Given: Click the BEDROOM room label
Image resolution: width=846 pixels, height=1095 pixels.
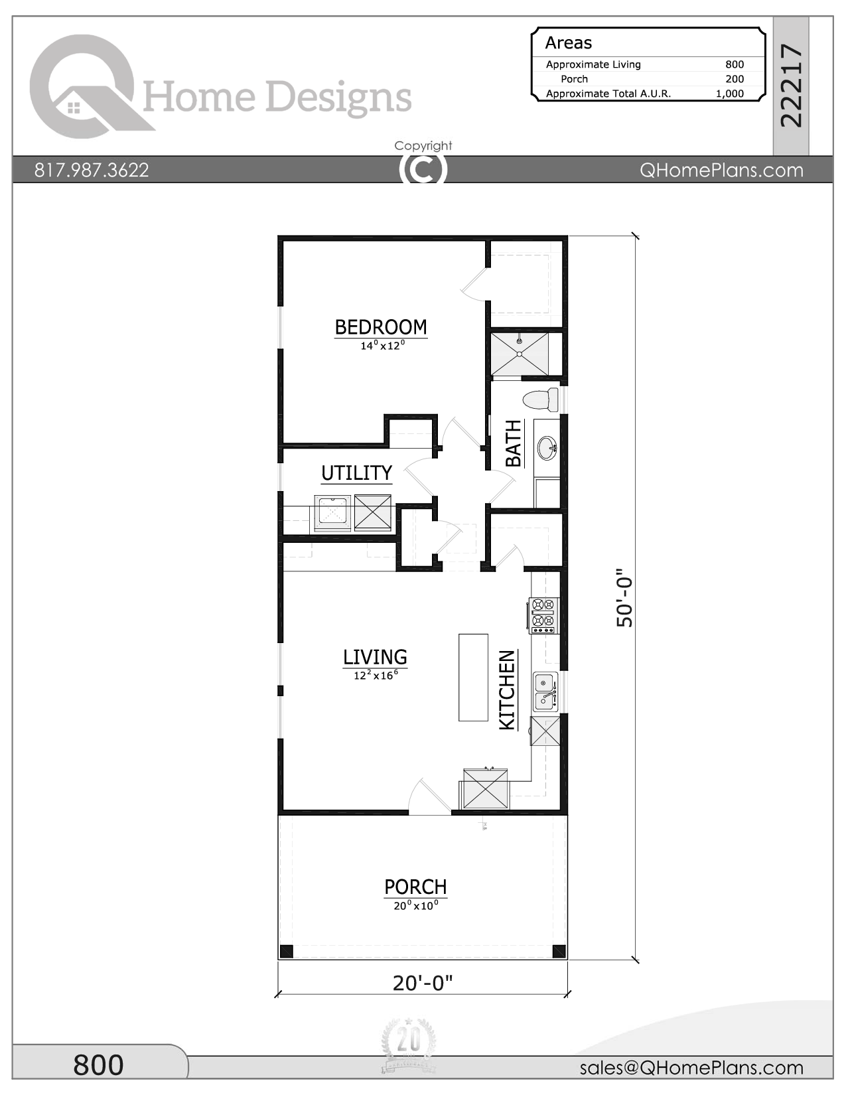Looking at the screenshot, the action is point(380,328).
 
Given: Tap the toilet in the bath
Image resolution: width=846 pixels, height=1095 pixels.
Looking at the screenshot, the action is point(541,400).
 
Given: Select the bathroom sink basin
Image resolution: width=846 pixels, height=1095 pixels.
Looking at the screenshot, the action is point(547,448).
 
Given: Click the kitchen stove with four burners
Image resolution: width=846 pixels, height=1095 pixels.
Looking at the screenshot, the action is point(543,615).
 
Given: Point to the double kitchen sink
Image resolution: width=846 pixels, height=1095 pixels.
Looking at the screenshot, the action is point(545,692).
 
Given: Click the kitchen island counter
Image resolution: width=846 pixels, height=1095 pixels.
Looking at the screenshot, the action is point(473,678).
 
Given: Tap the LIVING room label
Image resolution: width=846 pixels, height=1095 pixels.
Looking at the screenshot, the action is point(375,657).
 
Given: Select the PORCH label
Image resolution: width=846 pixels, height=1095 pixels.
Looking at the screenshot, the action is point(415,887).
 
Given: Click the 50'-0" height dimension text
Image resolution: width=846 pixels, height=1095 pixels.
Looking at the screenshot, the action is point(624,598).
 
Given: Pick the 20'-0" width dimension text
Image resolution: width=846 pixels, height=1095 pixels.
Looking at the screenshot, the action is point(423,983).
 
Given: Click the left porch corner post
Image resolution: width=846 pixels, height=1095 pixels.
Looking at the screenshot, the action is point(287,952).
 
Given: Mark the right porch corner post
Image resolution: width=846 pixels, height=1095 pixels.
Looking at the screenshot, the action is point(559,952).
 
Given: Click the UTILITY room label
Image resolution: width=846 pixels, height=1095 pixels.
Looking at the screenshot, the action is point(357,473).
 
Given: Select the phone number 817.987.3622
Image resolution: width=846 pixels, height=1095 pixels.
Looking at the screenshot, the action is point(92,171).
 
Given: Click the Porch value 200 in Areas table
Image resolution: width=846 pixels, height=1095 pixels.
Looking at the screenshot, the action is point(735,78).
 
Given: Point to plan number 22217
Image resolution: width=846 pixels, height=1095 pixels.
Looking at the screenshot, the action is point(790,86).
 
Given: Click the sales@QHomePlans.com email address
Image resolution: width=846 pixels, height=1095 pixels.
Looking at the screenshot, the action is point(691,1068).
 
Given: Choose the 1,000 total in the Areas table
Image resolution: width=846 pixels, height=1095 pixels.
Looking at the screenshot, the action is point(730,94).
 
